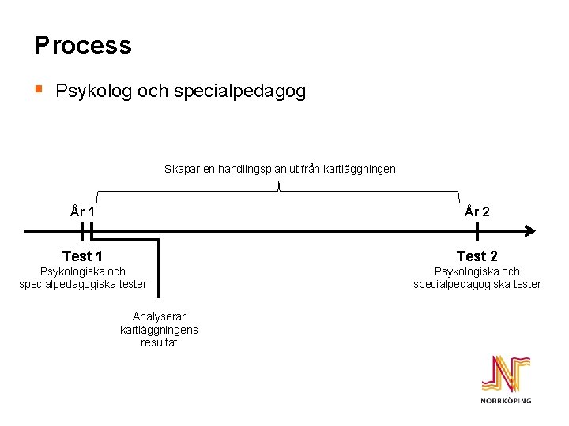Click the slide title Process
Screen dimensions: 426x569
[x=82, y=45]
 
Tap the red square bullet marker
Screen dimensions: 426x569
[x=40, y=89]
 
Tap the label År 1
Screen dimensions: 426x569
[x=82, y=211]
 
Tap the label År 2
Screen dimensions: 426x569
[x=477, y=211]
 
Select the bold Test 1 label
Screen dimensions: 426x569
[x=82, y=256]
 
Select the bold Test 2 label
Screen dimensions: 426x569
[x=477, y=256]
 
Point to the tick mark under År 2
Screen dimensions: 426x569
[x=477, y=231]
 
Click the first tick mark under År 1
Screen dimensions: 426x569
[x=82, y=231]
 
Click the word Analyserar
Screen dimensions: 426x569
[x=159, y=317]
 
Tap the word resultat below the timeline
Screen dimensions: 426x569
[x=159, y=342]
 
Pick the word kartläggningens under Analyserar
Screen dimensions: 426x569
[x=159, y=330]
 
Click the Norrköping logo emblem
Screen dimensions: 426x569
[x=506, y=374]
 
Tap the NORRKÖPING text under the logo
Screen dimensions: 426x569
[x=506, y=401]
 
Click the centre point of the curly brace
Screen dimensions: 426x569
[x=279, y=186]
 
